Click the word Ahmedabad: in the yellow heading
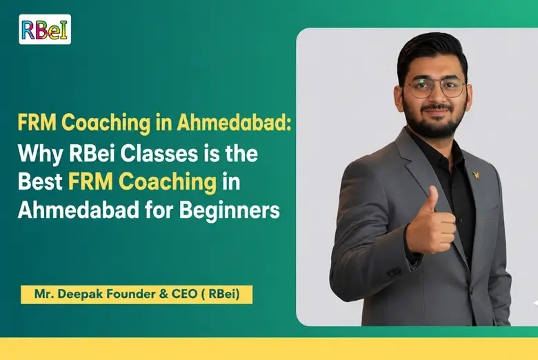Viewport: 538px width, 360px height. point(235,123)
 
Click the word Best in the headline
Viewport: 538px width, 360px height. point(39,181)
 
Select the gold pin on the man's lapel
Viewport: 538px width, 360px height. point(475,174)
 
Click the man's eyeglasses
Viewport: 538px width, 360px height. point(434,88)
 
